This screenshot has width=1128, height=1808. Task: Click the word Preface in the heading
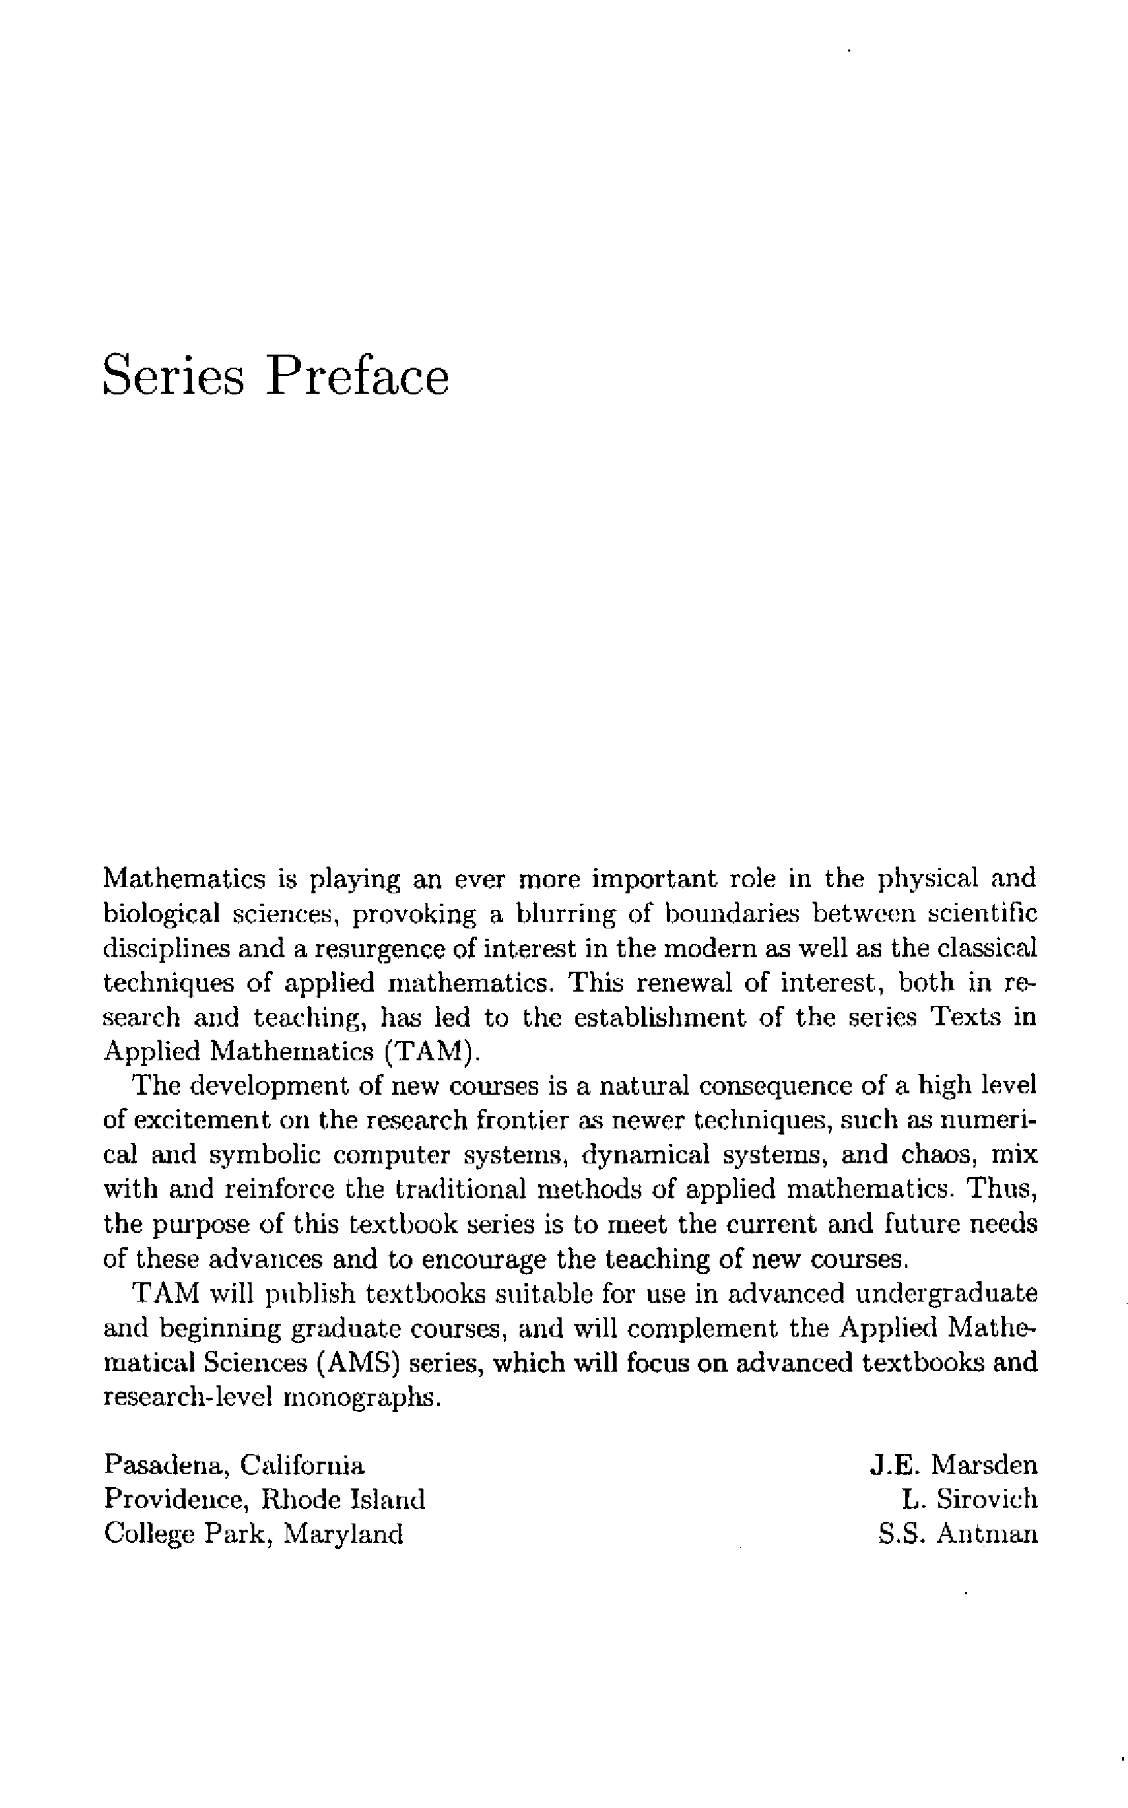pyautogui.click(x=357, y=376)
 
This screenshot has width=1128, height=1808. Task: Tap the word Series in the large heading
pyautogui.click(x=173, y=376)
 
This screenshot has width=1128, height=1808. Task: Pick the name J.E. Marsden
pyautogui.click(x=953, y=1465)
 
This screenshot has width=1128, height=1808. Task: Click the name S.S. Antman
pyautogui.click(x=958, y=1534)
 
